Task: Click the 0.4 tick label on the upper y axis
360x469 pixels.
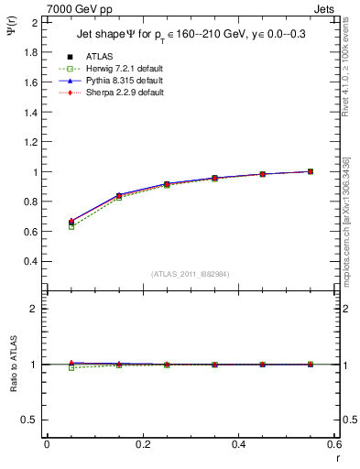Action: coord(31,261)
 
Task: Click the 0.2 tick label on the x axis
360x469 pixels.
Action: coord(142,444)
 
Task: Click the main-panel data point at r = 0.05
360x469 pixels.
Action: coord(71,222)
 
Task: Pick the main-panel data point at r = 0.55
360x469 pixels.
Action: coord(311,171)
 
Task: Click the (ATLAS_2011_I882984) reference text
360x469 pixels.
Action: coord(191,274)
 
